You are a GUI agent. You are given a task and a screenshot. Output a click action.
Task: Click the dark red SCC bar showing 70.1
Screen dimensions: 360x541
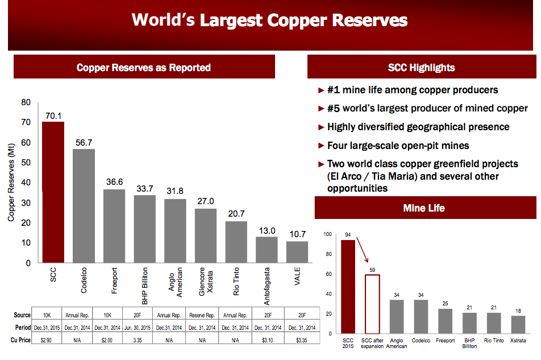click(53, 192)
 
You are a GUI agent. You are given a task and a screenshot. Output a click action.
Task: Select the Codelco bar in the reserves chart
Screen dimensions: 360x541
click(84, 205)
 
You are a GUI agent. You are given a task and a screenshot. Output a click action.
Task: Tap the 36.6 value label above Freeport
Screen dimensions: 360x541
click(114, 182)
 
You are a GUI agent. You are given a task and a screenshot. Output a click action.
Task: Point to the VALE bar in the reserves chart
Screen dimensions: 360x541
click(297, 251)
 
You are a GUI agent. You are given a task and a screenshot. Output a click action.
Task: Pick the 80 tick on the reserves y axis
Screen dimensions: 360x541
click(26, 102)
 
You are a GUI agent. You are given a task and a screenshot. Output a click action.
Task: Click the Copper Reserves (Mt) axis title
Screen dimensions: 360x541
click(11, 183)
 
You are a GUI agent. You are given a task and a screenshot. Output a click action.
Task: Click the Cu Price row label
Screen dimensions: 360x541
click(23, 340)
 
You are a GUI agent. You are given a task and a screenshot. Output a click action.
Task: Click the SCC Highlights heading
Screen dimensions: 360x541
click(421, 68)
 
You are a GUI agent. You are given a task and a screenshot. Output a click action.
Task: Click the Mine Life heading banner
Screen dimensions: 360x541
click(424, 208)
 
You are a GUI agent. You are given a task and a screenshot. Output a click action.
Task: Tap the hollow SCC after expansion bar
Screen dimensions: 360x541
click(372, 304)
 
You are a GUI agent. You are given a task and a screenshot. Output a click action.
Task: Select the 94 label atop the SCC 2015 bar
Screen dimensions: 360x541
click(348, 234)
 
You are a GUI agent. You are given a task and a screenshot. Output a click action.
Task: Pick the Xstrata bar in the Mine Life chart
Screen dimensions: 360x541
click(518, 324)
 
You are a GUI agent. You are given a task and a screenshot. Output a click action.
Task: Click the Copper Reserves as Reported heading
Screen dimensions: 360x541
click(144, 68)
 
